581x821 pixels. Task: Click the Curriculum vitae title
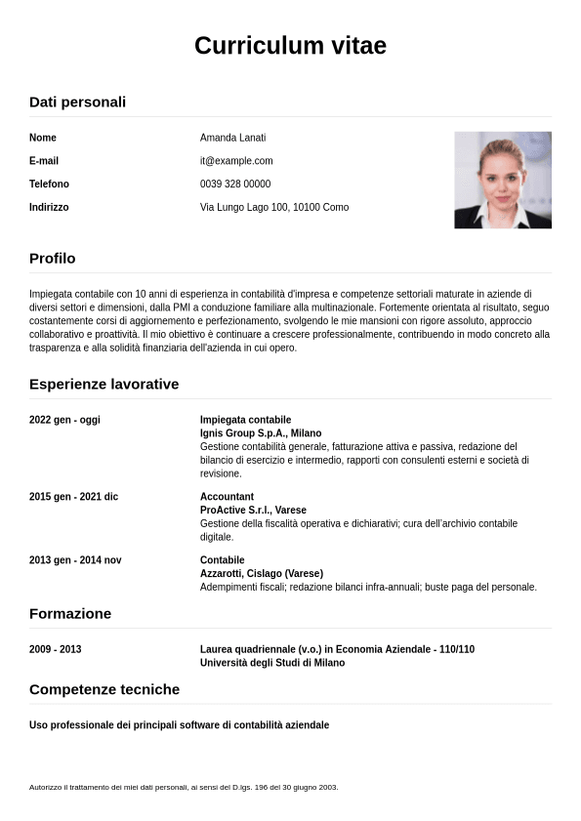(290, 46)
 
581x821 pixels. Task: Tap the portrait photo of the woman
(502, 180)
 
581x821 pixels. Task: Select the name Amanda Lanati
(232, 138)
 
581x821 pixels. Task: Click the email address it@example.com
(236, 161)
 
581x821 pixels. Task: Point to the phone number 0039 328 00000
(235, 185)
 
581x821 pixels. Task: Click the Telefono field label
(49, 185)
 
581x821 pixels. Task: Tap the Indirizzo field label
(49, 208)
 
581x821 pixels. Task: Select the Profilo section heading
(52, 259)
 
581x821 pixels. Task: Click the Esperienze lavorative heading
(104, 385)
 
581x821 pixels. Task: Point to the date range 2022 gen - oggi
(64, 420)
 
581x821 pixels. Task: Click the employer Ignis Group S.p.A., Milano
(261, 433)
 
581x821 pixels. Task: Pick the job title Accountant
(227, 497)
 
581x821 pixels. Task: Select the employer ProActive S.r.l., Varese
(253, 511)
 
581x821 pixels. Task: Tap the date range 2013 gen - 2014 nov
(75, 560)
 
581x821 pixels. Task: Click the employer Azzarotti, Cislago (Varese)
(261, 574)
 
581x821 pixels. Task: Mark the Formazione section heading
(70, 614)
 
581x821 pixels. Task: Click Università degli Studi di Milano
(272, 663)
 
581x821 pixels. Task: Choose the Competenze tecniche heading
(104, 690)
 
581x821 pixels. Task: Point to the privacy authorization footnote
(184, 787)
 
